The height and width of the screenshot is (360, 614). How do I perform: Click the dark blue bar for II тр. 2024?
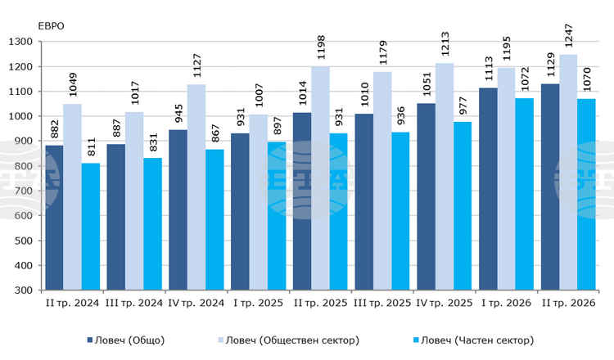pyautogui.click(x=54, y=218)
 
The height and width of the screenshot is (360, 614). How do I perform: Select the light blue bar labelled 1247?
pyautogui.click(x=568, y=172)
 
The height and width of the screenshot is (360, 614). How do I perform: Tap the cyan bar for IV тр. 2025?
pyautogui.click(x=463, y=206)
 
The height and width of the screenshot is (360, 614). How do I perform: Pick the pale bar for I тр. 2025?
pyautogui.click(x=259, y=202)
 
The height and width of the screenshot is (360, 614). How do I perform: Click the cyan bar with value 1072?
pyautogui.click(x=524, y=194)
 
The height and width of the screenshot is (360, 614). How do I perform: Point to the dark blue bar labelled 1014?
pyautogui.click(x=302, y=201)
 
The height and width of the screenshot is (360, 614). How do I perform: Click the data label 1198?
pyautogui.click(x=321, y=47)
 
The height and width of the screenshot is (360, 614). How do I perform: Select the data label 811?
pyautogui.click(x=91, y=146)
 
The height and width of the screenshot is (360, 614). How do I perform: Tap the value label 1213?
pyautogui.click(x=445, y=44)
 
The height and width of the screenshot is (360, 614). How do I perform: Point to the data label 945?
pyautogui.click(x=178, y=114)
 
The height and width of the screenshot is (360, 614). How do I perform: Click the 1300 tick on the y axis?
pyautogui.click(x=20, y=42)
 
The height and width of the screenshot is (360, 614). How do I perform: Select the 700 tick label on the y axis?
pyautogui.click(x=23, y=191)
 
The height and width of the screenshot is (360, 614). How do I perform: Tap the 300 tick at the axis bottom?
pyautogui.click(x=23, y=290)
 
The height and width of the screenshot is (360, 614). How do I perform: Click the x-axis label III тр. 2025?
pyautogui.click(x=382, y=304)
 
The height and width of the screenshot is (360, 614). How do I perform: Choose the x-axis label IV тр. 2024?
pyautogui.click(x=196, y=304)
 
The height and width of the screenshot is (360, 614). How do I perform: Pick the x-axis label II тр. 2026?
pyautogui.click(x=569, y=304)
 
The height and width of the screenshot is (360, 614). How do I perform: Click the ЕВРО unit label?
pyautogui.click(x=51, y=26)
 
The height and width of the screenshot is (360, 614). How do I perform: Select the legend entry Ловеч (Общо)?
pyautogui.click(x=126, y=340)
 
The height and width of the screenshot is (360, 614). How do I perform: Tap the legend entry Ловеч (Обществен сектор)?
pyautogui.click(x=289, y=340)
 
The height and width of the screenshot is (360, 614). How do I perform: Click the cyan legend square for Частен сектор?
pyautogui.click(x=416, y=340)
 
